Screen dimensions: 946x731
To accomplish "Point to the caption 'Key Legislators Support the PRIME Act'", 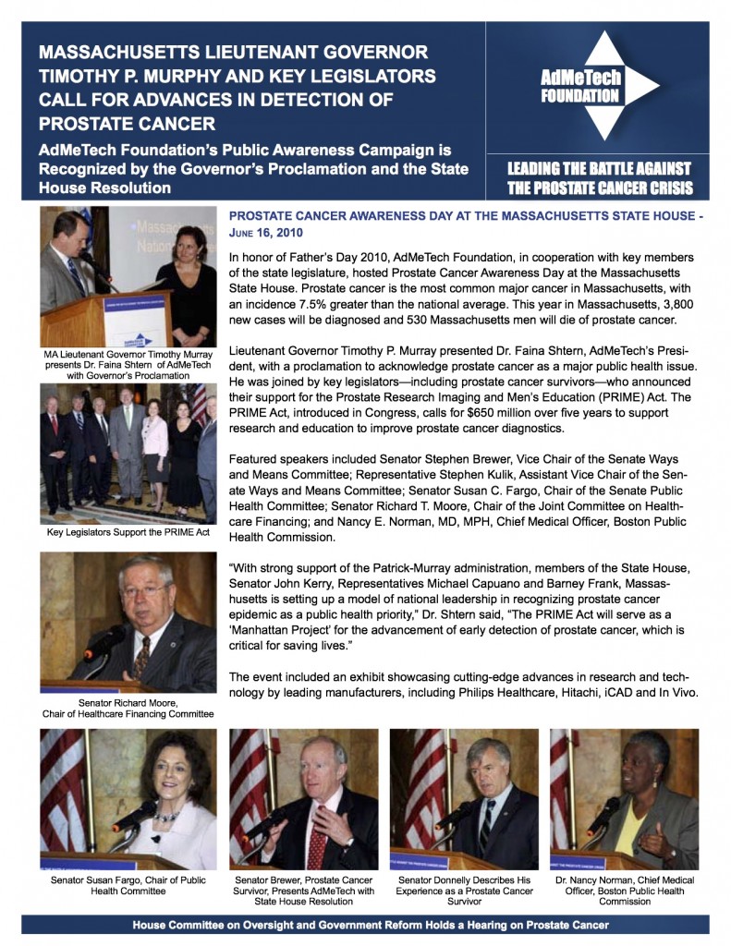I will (x=128, y=533).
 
